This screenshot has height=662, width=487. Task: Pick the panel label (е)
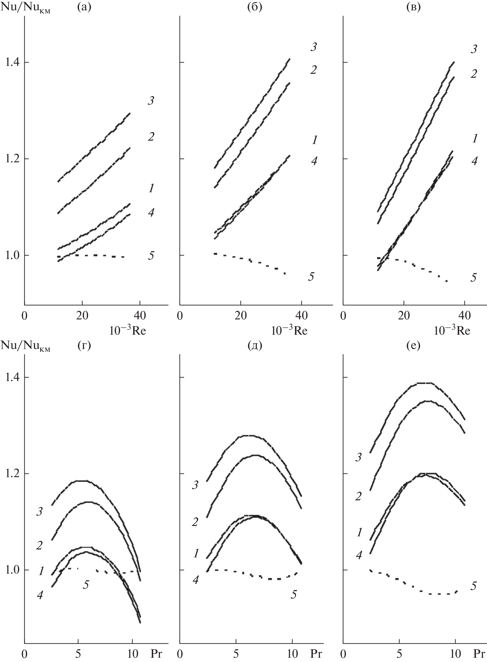[x=414, y=347]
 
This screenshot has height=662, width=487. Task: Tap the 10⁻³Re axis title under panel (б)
[x=290, y=331]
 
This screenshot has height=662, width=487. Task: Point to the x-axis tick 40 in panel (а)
[x=140, y=316]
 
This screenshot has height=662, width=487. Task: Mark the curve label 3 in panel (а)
[x=151, y=101]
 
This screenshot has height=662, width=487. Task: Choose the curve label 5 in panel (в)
[x=473, y=278]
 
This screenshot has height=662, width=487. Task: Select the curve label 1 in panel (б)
[x=314, y=140]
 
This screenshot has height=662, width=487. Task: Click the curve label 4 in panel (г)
[x=40, y=595]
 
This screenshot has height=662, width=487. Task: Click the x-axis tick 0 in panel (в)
[x=343, y=316]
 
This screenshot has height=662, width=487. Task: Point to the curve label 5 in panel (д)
[x=294, y=594]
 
